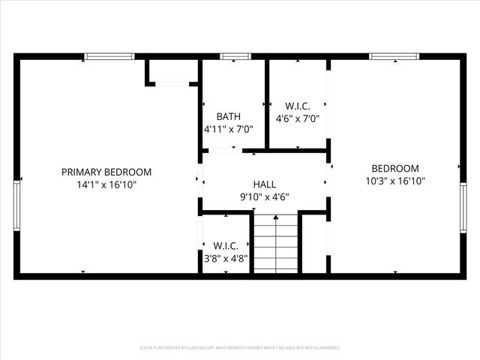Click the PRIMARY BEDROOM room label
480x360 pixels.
click(x=106, y=172)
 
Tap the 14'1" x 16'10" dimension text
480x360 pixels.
click(x=106, y=184)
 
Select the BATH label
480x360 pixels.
click(x=229, y=116)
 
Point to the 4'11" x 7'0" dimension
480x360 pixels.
click(x=229, y=129)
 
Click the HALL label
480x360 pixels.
click(x=264, y=184)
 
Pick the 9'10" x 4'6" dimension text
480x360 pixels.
click(x=264, y=196)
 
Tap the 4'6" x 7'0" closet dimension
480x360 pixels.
click(x=298, y=118)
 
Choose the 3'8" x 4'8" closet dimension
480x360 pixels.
click(x=226, y=258)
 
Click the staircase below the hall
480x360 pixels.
click(x=275, y=243)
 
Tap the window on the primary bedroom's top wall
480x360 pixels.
click(x=109, y=56)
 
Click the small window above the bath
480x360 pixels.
click(x=235, y=56)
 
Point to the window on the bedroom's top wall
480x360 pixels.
click(x=394, y=56)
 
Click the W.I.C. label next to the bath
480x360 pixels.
click(x=298, y=106)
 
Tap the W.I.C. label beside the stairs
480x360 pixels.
click(x=226, y=245)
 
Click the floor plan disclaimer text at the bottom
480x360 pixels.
click(x=240, y=348)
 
